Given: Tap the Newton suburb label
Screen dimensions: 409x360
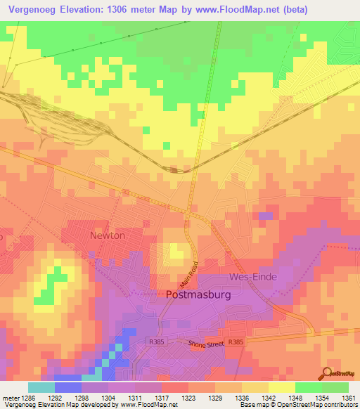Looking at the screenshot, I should [x=107, y=235].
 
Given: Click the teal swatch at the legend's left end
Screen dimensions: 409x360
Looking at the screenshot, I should [x=41, y=387].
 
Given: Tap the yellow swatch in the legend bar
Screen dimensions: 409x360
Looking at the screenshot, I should [x=281, y=387].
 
